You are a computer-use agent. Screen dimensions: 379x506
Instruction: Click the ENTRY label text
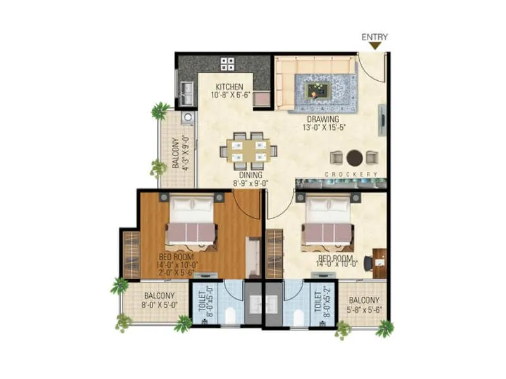[x=374, y=37]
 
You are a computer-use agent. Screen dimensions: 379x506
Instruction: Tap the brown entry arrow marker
[x=375, y=45]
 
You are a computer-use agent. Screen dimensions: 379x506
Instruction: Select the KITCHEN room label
[x=228, y=87]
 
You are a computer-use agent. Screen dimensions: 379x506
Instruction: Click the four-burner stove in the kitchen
[x=228, y=63]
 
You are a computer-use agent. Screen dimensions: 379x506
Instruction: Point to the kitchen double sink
[x=186, y=93]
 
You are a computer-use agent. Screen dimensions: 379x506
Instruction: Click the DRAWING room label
[x=323, y=119]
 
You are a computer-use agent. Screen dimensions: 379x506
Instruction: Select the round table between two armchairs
[x=355, y=157]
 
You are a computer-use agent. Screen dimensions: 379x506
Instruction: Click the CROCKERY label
[x=351, y=174]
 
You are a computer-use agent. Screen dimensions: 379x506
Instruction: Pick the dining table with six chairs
[x=248, y=150]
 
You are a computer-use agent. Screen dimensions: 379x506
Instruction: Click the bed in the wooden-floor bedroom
[x=190, y=222]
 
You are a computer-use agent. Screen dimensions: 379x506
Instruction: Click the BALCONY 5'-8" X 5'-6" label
[x=363, y=305]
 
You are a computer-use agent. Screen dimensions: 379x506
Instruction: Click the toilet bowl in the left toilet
[x=231, y=316]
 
